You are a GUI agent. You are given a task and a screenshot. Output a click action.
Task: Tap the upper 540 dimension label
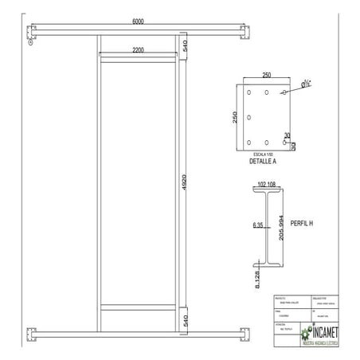click(185, 45)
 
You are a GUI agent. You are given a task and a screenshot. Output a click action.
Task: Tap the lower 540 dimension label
click(185, 320)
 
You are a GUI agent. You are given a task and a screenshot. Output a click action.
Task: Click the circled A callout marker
click(29, 44)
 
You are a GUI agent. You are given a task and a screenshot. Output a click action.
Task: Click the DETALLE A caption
click(263, 161)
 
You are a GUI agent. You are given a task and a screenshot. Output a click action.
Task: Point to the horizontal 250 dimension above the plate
click(267, 76)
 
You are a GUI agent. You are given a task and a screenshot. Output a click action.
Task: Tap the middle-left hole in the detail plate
click(250, 119)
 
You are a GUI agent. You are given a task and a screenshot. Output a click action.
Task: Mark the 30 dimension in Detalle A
click(287, 135)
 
